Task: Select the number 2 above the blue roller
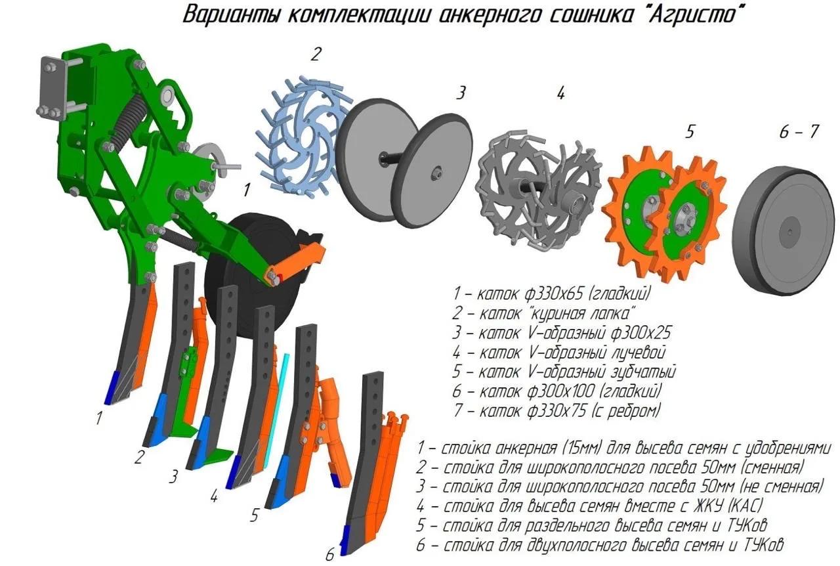tap(316, 54)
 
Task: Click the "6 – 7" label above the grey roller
tap(799, 132)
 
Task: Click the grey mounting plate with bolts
tap(52, 88)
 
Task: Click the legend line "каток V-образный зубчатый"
tap(564, 372)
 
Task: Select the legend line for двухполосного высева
tap(600, 544)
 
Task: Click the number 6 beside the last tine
tap(329, 554)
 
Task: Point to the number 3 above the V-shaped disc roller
tap(461, 93)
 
